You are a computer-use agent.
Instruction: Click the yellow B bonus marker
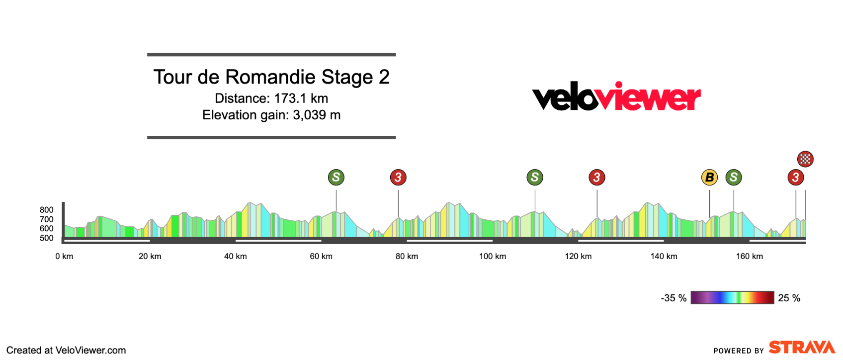(709, 177)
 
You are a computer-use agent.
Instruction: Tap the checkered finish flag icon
(805, 159)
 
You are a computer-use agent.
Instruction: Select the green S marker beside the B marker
(734, 177)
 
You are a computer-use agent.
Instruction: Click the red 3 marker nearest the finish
(796, 177)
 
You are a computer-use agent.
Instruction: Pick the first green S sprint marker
(336, 177)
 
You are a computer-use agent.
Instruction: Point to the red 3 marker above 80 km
(398, 177)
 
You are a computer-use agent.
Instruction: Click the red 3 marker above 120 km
(597, 177)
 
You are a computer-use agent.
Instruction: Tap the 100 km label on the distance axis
(493, 257)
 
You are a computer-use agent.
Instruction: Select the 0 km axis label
(64, 257)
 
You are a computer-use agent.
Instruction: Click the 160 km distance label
(750, 257)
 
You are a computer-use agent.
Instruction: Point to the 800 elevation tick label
(47, 210)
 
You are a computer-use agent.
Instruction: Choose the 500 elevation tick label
(47, 238)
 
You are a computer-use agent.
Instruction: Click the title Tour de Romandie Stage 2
(271, 77)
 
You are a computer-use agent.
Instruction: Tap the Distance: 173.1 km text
(271, 98)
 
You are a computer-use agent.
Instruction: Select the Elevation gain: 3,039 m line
(271, 115)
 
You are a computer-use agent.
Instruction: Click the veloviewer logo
(616, 96)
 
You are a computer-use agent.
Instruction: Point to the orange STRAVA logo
(802, 347)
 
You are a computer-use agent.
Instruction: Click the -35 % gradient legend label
(674, 298)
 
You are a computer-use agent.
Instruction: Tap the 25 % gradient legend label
(789, 298)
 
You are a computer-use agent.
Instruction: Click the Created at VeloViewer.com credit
(66, 351)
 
